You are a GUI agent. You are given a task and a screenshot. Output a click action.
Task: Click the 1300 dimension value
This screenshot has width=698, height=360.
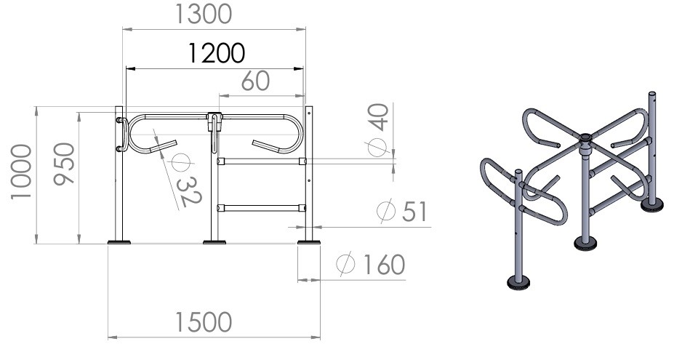pos(204,14)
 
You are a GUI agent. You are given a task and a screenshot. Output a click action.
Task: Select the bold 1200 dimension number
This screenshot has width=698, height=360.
pos(217,54)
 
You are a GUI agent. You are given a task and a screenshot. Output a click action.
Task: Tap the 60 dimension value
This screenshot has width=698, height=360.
pos(255,81)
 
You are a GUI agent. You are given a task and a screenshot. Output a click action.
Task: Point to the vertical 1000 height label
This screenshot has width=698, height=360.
pos(21,172)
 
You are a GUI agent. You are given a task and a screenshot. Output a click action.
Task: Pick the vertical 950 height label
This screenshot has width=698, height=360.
pos(64,164)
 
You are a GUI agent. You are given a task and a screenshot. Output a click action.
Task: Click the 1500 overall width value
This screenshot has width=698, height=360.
pos(204,322)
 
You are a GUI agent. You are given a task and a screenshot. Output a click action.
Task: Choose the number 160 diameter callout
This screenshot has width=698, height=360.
pos(384,265)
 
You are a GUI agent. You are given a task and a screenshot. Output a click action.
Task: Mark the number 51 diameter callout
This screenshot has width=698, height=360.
pos(414,212)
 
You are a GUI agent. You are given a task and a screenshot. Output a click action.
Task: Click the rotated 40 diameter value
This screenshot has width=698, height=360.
pos(378,117)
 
